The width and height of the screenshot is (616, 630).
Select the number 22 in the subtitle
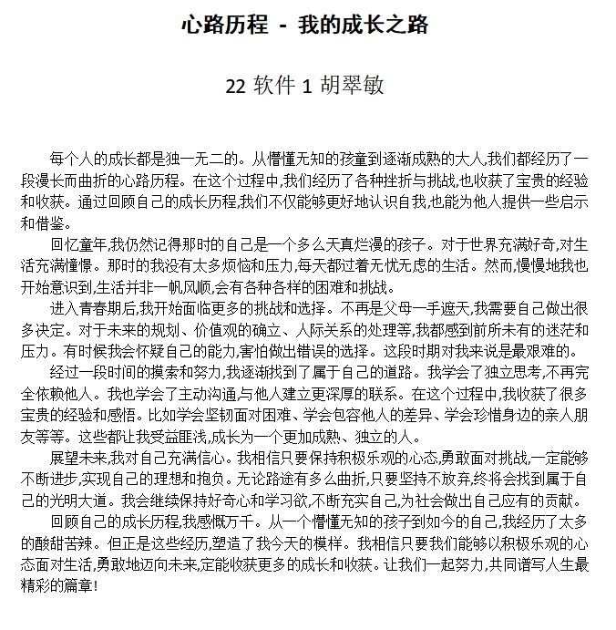[x=236, y=86]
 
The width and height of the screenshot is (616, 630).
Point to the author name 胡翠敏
[x=352, y=86]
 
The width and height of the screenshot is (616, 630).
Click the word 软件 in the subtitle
[x=274, y=86]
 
